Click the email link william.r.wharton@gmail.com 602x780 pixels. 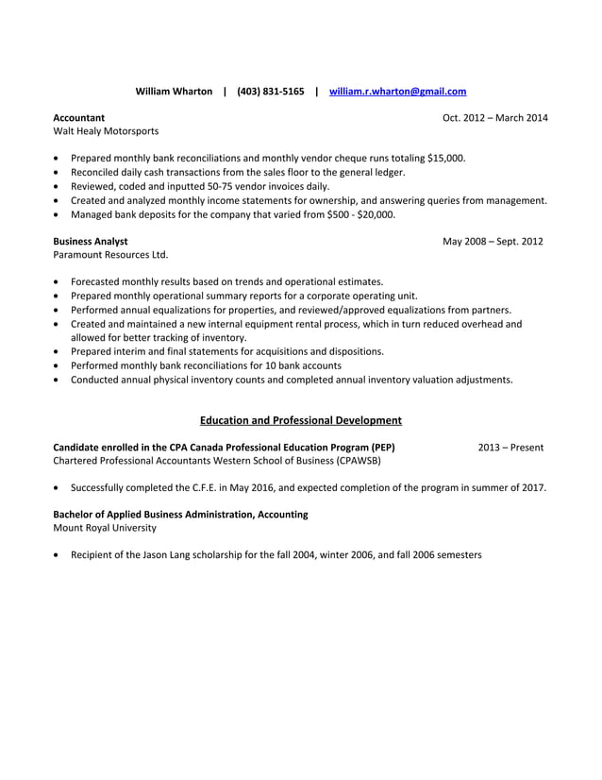click(397, 92)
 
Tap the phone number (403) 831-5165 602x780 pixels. click(271, 92)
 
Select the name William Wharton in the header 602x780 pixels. click(175, 92)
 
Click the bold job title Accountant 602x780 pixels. click(78, 117)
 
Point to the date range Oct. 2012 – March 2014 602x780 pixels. click(494, 117)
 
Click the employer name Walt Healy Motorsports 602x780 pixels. click(106, 131)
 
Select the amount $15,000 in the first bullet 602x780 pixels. click(444, 158)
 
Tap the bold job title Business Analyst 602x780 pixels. click(91, 241)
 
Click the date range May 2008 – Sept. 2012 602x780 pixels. click(493, 241)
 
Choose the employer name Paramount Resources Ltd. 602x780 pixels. click(109, 255)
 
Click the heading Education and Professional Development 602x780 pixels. click(301, 420)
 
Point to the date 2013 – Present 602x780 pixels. click(510, 447)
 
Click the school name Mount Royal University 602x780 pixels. click(105, 528)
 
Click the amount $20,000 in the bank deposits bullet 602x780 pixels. click(376, 214)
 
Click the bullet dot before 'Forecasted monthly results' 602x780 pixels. click(59, 282)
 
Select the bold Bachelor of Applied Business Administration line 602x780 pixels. click(180, 515)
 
